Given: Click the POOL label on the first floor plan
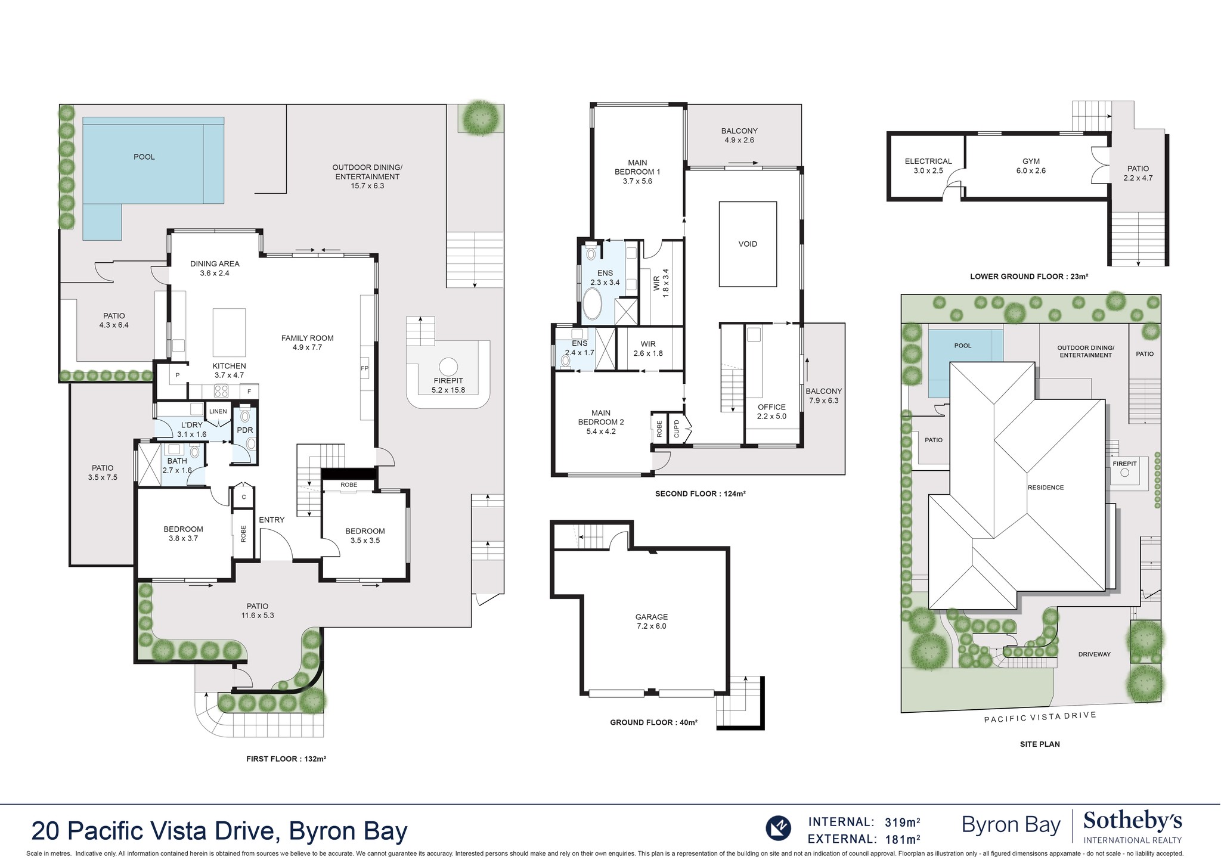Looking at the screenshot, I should pyautogui.click(x=144, y=157).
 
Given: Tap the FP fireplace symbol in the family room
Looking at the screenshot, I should pyautogui.click(x=364, y=368).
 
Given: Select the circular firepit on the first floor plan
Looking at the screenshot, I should pyautogui.click(x=448, y=366).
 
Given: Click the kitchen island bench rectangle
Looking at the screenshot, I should pyautogui.click(x=229, y=332).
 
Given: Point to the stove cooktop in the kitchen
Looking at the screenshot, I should pyautogui.click(x=221, y=391).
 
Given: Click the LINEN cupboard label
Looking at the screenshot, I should pyautogui.click(x=218, y=411).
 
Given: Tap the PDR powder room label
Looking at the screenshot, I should pyautogui.click(x=245, y=430).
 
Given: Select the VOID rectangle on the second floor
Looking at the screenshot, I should pyautogui.click(x=748, y=244).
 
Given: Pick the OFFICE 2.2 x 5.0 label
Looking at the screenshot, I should pyautogui.click(x=771, y=411).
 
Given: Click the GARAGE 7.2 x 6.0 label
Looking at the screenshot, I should pyautogui.click(x=651, y=621).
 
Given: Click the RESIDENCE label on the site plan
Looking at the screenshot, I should pyautogui.click(x=1045, y=488).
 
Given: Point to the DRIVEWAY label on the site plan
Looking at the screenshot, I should pyautogui.click(x=1094, y=654).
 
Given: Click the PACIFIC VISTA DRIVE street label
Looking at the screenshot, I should pyautogui.click(x=1040, y=717).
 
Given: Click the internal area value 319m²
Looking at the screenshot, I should pyautogui.click(x=901, y=822).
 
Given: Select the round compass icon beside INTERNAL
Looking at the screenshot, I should pyautogui.click(x=778, y=828).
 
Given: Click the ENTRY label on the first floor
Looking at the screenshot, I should pyautogui.click(x=271, y=520).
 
